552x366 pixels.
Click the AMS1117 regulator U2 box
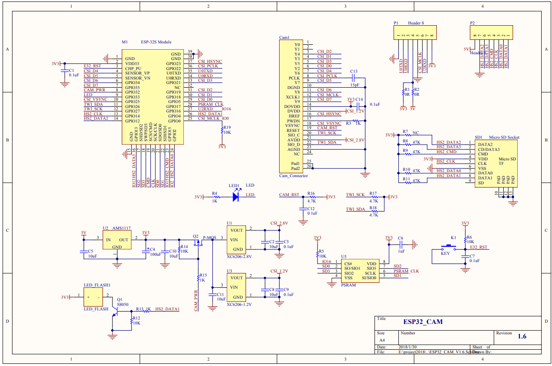[117, 240]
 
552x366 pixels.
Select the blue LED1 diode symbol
[236, 197]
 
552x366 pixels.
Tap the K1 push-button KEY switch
[449, 247]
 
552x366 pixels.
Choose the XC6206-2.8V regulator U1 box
[236, 239]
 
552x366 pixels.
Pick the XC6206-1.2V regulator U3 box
[236, 287]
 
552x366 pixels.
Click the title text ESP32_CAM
[423, 322]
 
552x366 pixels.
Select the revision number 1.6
[522, 336]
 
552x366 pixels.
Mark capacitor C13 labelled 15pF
[354, 78]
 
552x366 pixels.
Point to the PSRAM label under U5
[348, 285]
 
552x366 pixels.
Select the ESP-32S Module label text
[156, 42]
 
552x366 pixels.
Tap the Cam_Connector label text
[294, 176]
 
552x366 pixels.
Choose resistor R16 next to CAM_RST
[311, 197]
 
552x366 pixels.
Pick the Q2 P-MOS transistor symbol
[197, 243]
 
